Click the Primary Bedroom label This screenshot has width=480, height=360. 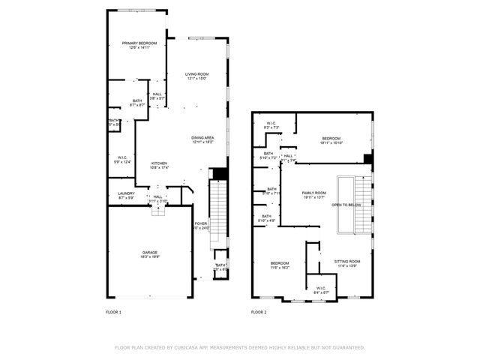tap(139, 43)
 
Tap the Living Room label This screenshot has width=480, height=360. tap(197, 74)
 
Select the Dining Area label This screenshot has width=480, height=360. tap(202, 138)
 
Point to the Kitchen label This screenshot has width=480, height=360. tap(160, 163)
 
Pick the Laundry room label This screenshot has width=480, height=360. tap(126, 193)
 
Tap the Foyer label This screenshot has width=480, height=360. tap(201, 223)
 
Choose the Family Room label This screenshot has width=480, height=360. tap(314, 193)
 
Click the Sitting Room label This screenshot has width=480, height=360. tap(347, 261)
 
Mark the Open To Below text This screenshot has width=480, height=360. tap(346, 204)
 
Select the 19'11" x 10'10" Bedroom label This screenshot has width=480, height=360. tap(331, 138)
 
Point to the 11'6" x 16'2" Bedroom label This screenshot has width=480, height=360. tap(280, 262)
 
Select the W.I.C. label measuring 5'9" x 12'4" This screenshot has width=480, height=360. tap(121, 157)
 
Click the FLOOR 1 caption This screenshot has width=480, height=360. tap(114, 311)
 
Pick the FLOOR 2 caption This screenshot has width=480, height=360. tap(259, 311)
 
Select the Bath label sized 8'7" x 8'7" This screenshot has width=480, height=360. tap(137, 100)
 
